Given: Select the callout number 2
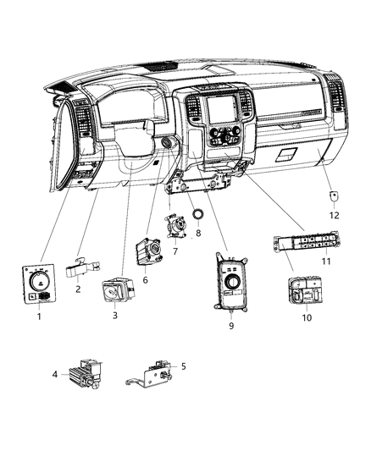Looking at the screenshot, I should (79, 289).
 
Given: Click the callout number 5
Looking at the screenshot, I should (183, 366).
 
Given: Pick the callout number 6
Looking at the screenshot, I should (145, 281).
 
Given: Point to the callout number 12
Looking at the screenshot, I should (334, 215).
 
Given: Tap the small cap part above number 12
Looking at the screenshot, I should (334, 196).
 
